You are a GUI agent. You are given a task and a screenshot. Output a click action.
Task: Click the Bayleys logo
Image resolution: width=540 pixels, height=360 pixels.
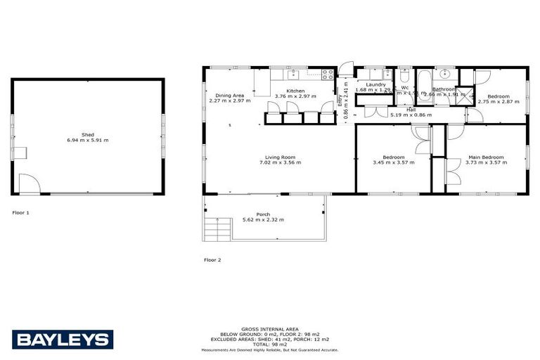(63, 340)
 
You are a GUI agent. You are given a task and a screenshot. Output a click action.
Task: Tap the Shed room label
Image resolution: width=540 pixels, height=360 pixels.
(88, 134)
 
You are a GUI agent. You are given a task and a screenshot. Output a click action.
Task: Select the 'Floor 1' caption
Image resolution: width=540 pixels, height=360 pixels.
(21, 212)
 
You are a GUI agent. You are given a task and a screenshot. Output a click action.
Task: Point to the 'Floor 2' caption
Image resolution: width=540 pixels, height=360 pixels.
(212, 259)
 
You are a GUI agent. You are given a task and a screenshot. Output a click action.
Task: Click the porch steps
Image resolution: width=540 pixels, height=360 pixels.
(218, 229)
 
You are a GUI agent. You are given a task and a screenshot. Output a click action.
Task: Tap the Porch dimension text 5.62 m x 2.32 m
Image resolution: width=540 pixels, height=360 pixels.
(263, 220)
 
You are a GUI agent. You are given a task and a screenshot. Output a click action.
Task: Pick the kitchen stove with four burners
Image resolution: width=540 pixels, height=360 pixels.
(328, 74)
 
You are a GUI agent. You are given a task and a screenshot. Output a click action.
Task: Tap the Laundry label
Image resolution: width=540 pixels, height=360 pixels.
(371, 84)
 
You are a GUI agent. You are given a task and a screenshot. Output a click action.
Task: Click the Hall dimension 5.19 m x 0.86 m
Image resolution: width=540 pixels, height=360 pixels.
(410, 115)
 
